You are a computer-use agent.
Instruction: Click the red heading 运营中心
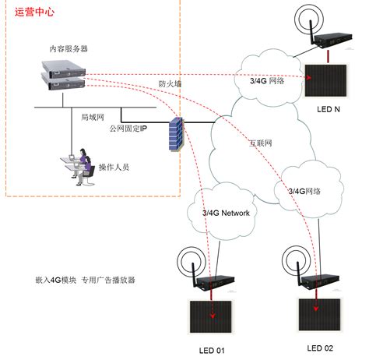point(34,12)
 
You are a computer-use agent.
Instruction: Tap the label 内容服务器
point(69,48)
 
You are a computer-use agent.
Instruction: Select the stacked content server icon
point(64,75)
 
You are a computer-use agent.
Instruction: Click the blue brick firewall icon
point(176,134)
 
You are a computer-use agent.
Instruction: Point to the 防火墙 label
point(170,84)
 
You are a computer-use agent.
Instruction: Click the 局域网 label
point(93,118)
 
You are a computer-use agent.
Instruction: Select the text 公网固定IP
point(128,129)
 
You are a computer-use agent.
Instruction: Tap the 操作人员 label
point(114,167)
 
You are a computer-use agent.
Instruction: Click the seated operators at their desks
point(78,167)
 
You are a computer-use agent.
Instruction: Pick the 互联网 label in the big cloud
point(261,143)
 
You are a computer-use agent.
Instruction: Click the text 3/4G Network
point(226,214)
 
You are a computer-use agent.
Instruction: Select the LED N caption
point(329,109)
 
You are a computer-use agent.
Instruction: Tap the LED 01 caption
point(212,351)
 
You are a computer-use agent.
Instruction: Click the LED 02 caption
point(320,348)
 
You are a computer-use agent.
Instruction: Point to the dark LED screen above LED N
point(325,81)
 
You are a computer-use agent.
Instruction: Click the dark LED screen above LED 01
point(211,317)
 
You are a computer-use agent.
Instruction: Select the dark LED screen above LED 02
point(319,315)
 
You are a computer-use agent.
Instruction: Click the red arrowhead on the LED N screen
point(309,77)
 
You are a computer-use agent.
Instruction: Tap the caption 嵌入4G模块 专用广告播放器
point(85,280)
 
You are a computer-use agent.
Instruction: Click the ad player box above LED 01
point(216,282)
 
